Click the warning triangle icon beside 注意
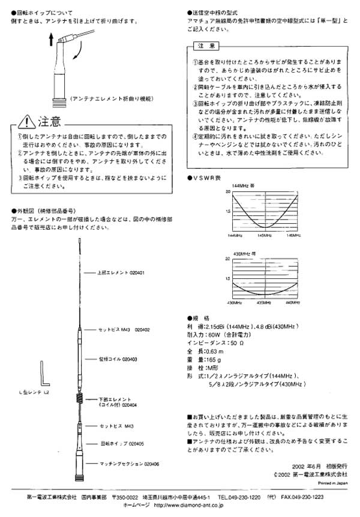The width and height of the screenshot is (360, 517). (x=26, y=123)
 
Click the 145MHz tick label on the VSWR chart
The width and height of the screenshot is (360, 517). (x=264, y=236)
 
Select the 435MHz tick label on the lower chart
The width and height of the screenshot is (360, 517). (x=264, y=303)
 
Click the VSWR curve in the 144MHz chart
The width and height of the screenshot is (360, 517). (x=264, y=227)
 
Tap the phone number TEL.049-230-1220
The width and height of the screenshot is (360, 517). (x=239, y=497)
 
